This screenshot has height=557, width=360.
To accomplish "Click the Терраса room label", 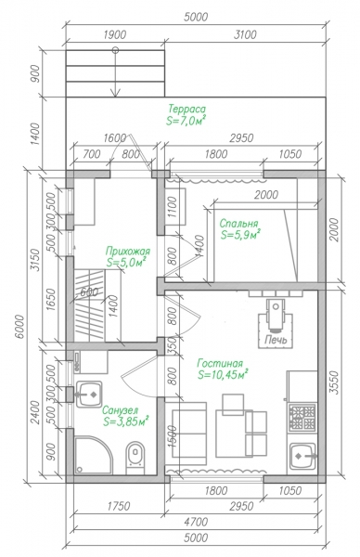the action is point(186,109).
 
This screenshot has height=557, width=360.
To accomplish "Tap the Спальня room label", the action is point(238,224).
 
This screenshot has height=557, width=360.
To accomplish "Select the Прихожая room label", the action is point(128,252).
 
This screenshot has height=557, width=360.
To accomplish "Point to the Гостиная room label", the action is point(220,363).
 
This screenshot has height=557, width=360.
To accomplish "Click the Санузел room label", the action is point(120,410).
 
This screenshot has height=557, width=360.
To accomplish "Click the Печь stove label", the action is point(276,340).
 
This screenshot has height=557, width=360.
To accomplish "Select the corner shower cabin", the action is point(93,455).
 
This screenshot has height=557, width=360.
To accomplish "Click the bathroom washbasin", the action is point(89,395).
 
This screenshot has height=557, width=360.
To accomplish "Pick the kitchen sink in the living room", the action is point(302,456).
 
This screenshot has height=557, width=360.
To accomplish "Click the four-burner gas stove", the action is point(302,418).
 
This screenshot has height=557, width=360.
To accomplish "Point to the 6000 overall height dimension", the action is point(20,327).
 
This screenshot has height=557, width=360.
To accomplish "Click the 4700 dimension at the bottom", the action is point(197,522).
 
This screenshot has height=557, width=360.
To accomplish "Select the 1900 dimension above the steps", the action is point(115,35).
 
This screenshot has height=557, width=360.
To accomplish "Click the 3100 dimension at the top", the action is point(245,35).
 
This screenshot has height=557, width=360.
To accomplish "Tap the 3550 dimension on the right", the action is point(334,382).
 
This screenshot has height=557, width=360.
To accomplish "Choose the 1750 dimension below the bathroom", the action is point(119,506).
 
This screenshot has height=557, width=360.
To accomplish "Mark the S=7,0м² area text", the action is point(186,121).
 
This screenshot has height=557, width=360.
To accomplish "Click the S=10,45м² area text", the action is point(223,375).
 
